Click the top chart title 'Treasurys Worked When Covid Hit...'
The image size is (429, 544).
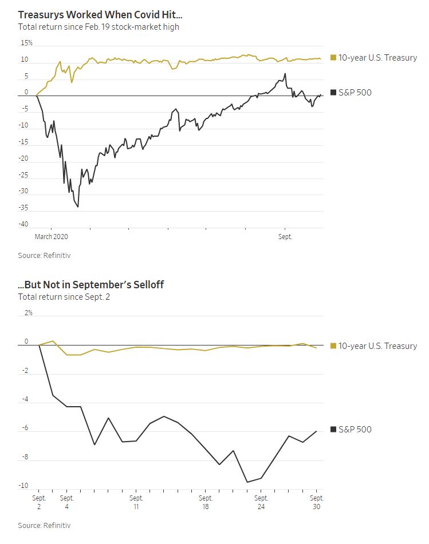tap(100, 14)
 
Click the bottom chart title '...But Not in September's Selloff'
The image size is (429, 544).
tap(90, 284)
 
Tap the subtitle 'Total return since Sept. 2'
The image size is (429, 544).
tap(64, 297)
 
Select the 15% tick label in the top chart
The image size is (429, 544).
tap(26, 43)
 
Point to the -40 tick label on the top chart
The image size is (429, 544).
tap(23, 224)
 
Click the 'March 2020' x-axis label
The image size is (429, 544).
tap(51, 237)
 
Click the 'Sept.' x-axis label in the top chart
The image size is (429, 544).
tap(285, 237)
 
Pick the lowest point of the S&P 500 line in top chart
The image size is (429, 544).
tap(78, 207)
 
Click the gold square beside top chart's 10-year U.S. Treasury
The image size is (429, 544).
tap(333, 58)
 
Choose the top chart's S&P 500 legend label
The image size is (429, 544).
tap(355, 92)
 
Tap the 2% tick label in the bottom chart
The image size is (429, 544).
tap(28, 312)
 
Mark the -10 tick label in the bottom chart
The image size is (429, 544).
tap(23, 486)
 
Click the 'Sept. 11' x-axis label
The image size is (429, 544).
tap(136, 502)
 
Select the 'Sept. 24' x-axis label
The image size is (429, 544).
tap(261, 502)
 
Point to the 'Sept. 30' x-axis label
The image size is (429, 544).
tap(317, 502)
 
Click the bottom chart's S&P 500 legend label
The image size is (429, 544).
tap(355, 429)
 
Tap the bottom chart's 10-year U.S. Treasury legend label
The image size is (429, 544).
tap(377, 346)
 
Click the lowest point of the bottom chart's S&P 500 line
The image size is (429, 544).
tap(247, 482)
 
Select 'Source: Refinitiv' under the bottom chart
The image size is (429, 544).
tap(44, 525)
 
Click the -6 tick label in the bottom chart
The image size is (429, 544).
tap(25, 428)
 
